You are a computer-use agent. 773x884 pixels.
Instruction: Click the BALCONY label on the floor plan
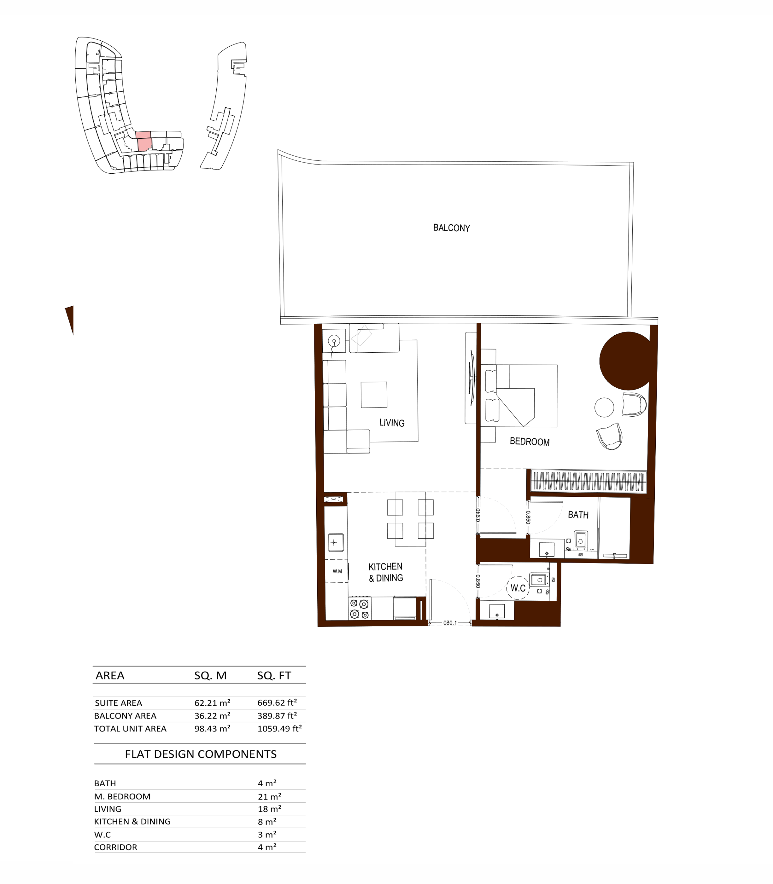tap(451, 228)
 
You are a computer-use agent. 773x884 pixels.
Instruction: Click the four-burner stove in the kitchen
tap(360, 609)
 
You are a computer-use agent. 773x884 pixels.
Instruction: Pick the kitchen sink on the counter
tap(336, 542)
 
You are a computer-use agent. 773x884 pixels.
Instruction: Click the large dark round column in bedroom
tap(628, 361)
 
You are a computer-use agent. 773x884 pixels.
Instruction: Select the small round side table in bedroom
tap(604, 407)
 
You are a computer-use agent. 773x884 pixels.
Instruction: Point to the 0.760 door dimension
tap(478, 515)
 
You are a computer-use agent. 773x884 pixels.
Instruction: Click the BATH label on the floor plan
tap(578, 515)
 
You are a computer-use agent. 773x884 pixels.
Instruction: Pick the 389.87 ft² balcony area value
tap(277, 715)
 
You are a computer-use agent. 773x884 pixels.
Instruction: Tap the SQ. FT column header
tap(274, 675)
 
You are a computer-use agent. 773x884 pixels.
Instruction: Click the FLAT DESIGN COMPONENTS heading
tap(201, 754)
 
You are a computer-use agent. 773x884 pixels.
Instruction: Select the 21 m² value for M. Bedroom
tap(270, 796)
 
